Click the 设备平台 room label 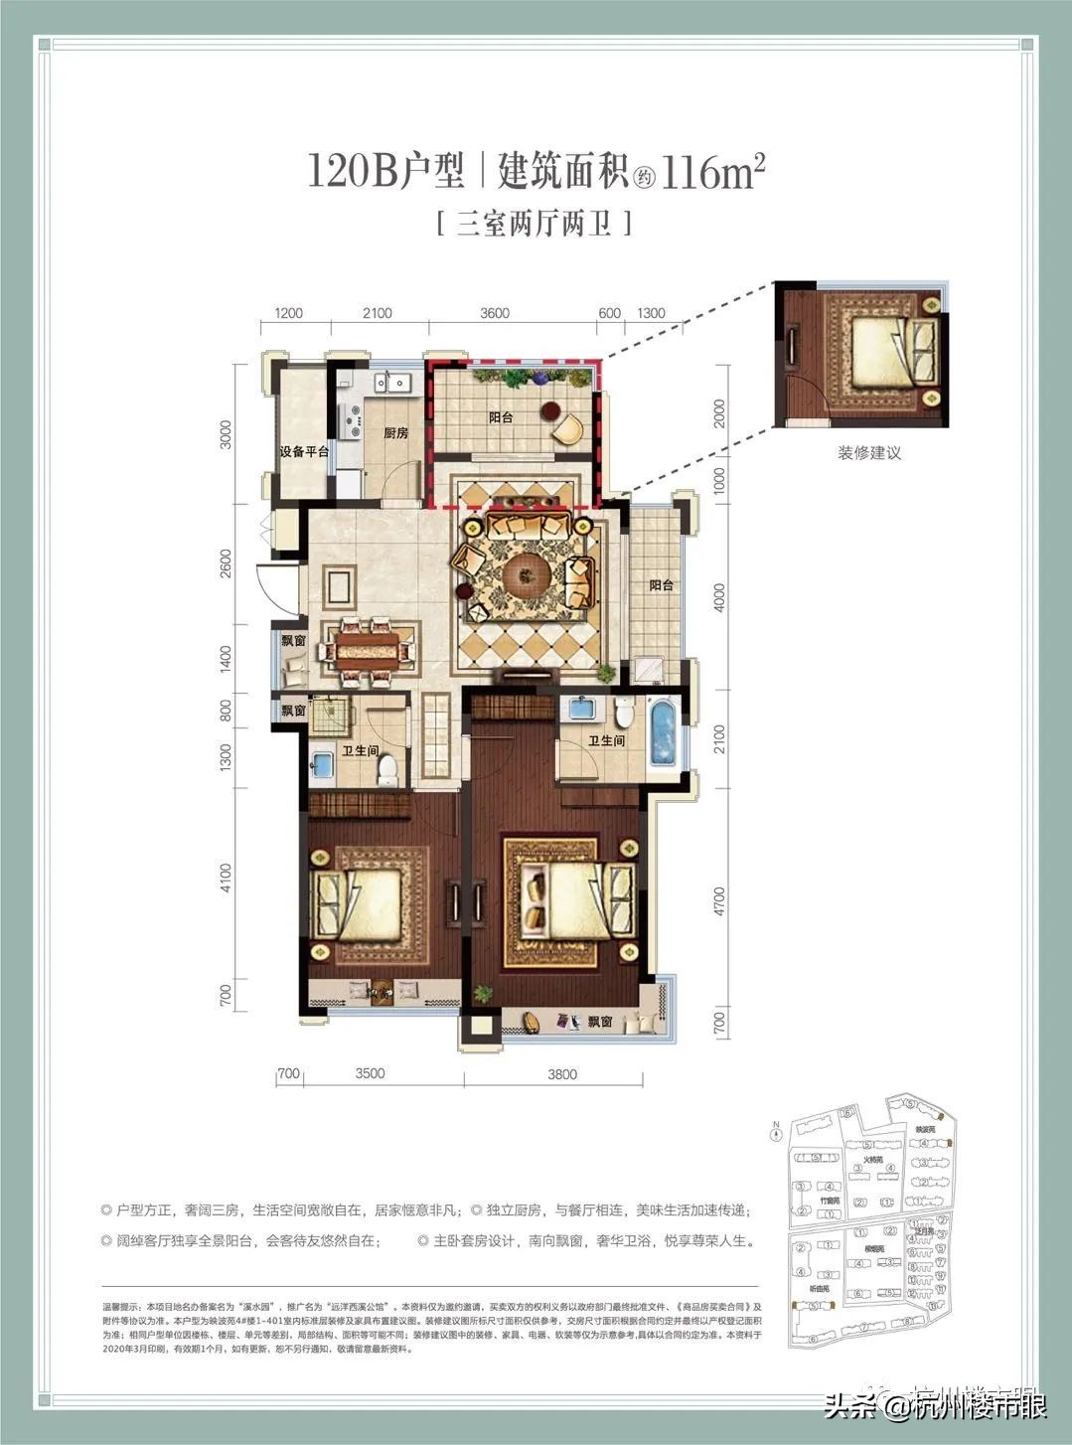pyautogui.click(x=303, y=452)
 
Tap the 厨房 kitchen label pyautogui.click(x=396, y=433)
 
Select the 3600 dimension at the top pyautogui.click(x=494, y=313)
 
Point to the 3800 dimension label pyautogui.click(x=561, y=1073)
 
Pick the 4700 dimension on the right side pyautogui.click(x=719, y=901)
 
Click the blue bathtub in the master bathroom pyautogui.click(x=662, y=735)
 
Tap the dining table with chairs pyautogui.click(x=365, y=651)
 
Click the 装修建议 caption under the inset pyautogui.click(x=868, y=453)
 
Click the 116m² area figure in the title pyautogui.click(x=711, y=172)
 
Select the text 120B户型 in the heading pyautogui.click(x=385, y=172)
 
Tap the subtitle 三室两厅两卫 pyautogui.click(x=534, y=223)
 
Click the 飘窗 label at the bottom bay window pyautogui.click(x=599, y=1021)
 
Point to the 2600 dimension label pyautogui.click(x=226, y=564)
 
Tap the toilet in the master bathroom pyautogui.click(x=624, y=713)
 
